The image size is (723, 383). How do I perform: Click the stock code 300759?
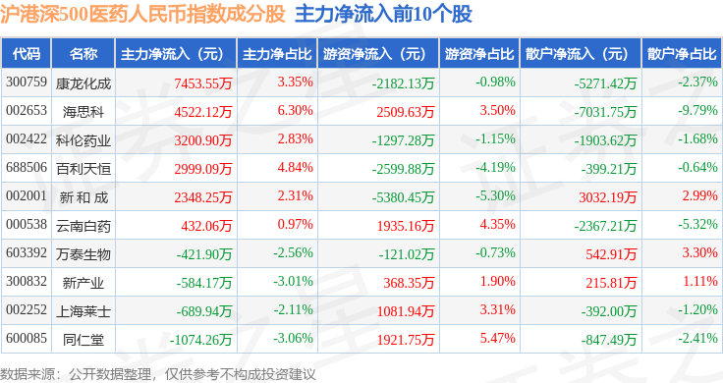[x=27, y=82]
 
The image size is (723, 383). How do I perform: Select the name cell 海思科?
[x=83, y=112]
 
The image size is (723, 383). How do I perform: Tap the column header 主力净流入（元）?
[x=173, y=54]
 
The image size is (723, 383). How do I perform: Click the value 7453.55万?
[x=203, y=83]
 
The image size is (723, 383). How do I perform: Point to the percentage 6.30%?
[x=295, y=111]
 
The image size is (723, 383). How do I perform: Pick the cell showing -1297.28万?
[x=403, y=140]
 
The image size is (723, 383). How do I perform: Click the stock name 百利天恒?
[x=83, y=169]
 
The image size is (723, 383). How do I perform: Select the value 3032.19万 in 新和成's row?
[x=608, y=197]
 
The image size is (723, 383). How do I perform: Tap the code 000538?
[x=27, y=225]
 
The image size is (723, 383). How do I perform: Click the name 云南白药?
[x=83, y=226]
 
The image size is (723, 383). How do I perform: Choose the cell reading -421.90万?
[x=203, y=254]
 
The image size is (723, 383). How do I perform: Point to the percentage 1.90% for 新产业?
[x=497, y=281]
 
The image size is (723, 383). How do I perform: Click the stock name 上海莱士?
[x=83, y=311]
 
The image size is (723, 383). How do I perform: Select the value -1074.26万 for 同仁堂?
[x=200, y=340]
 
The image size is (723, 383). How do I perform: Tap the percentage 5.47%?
[x=497, y=338]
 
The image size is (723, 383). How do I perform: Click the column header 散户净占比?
[x=682, y=54]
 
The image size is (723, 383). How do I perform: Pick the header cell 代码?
[x=27, y=54]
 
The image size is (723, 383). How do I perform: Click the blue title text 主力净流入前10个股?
[x=384, y=14]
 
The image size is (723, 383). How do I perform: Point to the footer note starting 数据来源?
[x=158, y=374]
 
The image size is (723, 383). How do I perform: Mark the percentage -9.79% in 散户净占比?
[x=697, y=111]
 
